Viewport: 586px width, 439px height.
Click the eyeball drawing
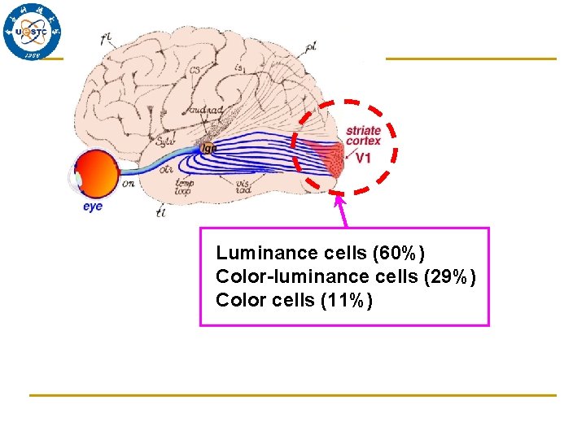[x=95, y=173]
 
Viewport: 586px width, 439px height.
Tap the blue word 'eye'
[x=93, y=206]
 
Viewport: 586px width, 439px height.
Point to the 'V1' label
[x=363, y=157]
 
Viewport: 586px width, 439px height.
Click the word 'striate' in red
[x=363, y=130]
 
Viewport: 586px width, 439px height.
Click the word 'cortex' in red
[x=363, y=141]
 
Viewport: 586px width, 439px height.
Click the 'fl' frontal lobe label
[x=106, y=37]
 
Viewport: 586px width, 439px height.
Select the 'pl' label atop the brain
[x=311, y=46]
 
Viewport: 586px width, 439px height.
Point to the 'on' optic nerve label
[x=129, y=185]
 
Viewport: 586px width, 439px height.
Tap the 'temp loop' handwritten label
[x=183, y=188]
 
